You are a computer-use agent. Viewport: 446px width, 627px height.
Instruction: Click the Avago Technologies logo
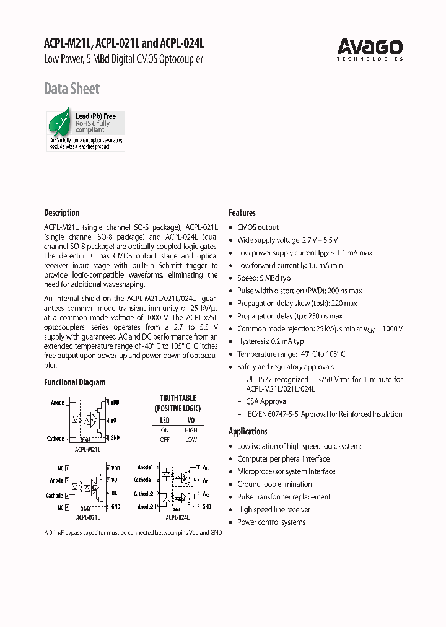coord(370,48)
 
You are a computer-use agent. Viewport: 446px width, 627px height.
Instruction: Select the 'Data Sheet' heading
coord(72,89)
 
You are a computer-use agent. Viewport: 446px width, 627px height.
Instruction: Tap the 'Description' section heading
coord(62,213)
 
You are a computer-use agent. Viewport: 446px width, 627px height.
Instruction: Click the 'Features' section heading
coord(242,213)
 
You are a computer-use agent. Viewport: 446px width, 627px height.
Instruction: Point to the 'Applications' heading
coord(248,431)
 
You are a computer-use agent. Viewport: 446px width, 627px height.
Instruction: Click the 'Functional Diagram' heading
coord(75,382)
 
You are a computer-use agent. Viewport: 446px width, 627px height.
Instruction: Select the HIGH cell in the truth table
coord(191,430)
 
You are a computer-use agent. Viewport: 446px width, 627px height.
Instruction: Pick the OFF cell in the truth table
coord(165,439)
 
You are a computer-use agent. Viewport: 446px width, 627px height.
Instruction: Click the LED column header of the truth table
coord(165,420)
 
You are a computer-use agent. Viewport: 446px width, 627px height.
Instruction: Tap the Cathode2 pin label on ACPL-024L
coord(144,494)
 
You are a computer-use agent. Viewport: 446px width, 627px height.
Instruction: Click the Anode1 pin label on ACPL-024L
coord(145,467)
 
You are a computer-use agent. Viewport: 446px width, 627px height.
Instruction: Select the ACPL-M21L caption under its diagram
coord(89,449)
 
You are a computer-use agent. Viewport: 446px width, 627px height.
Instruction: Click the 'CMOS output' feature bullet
coord(258,227)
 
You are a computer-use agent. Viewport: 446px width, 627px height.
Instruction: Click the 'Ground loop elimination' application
coord(274,484)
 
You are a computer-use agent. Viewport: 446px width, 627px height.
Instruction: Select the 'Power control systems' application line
coord(271,522)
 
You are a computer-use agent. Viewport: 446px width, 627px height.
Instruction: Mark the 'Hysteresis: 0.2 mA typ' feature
coord(270,341)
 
